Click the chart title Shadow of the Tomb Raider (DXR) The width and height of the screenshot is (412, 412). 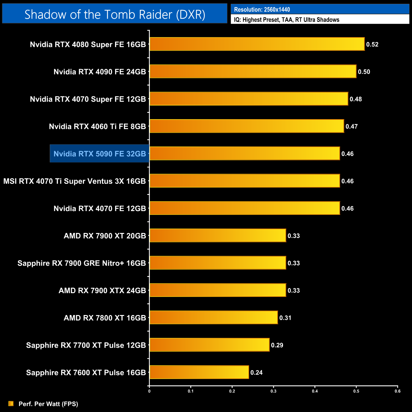tap(115, 14)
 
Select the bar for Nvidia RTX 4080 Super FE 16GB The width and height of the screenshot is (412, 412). tap(257, 44)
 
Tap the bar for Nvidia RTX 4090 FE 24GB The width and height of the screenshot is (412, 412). tap(253, 71)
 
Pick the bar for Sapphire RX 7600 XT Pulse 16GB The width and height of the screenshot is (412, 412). tap(199, 372)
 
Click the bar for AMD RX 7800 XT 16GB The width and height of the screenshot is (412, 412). tap(214, 318)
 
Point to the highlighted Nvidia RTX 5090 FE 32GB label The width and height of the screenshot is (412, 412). tap(100, 154)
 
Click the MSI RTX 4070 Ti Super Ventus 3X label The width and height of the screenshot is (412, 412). tap(74, 181)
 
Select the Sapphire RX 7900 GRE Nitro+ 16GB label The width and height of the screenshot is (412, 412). tap(82, 263)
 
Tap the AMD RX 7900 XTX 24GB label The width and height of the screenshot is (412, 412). tap(102, 291)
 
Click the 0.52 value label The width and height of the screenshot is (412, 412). tap(372, 44)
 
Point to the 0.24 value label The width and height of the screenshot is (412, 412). tap(256, 372)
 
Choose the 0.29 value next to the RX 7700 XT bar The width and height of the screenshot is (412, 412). tap(277, 345)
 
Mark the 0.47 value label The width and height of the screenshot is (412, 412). tap(351, 126)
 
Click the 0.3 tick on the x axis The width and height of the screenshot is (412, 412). tap(274, 391)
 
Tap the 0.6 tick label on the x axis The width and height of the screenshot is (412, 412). tap(397, 391)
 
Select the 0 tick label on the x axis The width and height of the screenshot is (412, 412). tap(149, 391)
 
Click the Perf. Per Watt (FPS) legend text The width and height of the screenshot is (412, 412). tap(48, 404)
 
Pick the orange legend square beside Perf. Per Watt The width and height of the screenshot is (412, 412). tap(11, 403)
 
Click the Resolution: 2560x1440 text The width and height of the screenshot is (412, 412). tap(262, 10)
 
